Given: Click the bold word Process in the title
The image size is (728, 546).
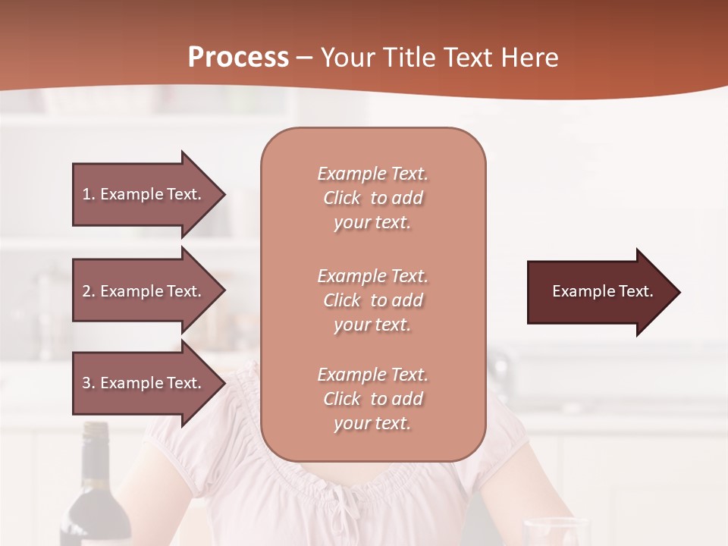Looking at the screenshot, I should (238, 58).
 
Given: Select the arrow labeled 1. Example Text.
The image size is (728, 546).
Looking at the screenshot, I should (144, 194).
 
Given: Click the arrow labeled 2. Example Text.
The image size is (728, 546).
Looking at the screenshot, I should (144, 291).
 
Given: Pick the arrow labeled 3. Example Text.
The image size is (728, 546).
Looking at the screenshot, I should (144, 383).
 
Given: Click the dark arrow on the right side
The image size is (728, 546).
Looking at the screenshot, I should (599, 292).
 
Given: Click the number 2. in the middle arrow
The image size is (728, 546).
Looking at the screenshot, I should (89, 291).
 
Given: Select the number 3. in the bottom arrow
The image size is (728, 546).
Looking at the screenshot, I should (89, 383).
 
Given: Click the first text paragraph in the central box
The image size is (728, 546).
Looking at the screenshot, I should (372, 198).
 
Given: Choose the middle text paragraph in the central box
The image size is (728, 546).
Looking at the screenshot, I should (372, 300).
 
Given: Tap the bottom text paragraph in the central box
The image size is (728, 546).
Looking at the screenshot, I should (372, 399).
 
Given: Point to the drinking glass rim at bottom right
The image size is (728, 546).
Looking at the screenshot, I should (557, 522).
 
